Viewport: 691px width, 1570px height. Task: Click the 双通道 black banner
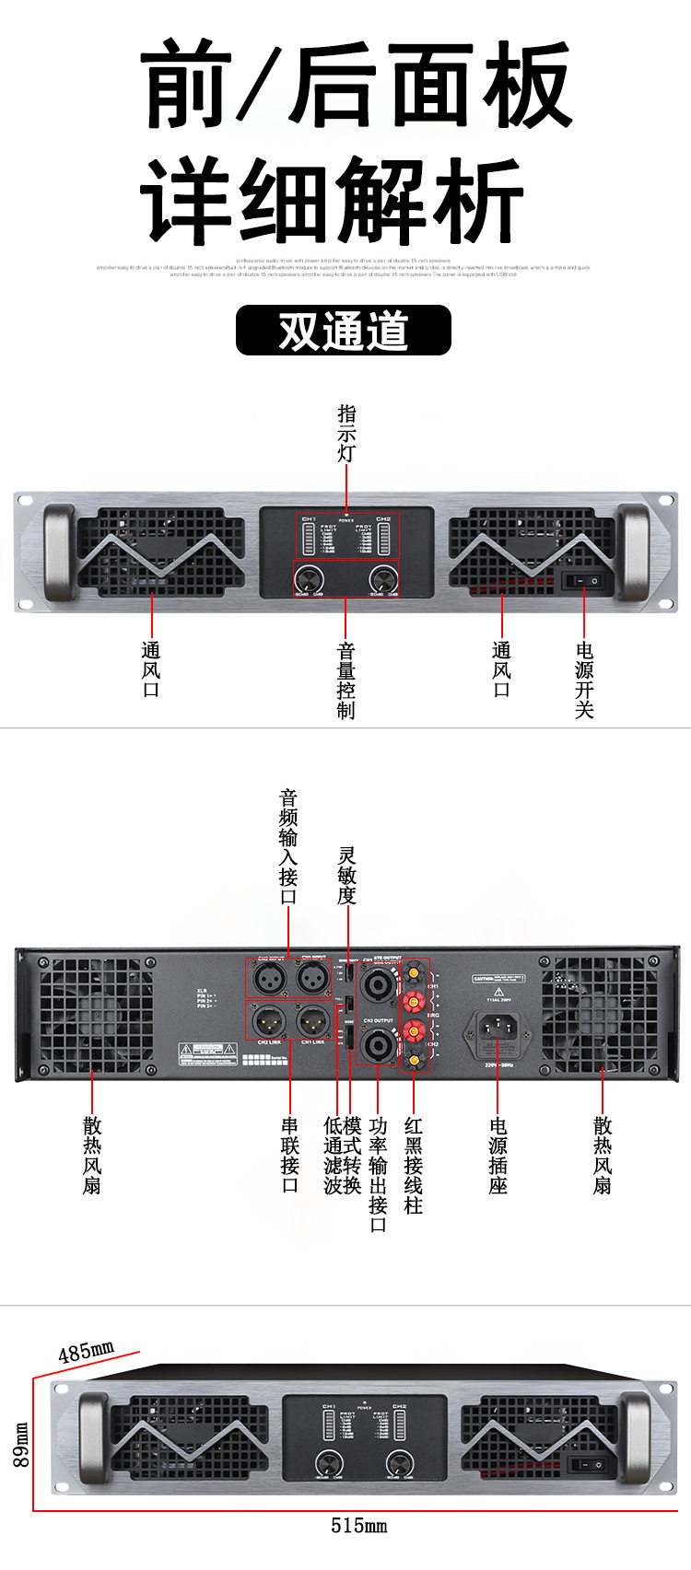344,331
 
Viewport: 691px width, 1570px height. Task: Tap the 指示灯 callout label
346,433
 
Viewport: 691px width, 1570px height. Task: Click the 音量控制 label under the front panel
345,680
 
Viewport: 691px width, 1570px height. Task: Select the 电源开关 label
584,680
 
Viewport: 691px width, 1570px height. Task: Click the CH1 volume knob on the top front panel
308,579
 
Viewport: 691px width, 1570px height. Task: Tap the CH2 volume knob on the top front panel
382,579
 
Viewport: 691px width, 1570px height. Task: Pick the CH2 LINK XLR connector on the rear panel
269,1019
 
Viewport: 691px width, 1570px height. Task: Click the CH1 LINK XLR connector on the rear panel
312,1019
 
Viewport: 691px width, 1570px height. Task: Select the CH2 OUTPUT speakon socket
378,1044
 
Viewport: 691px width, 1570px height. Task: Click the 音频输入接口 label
288,847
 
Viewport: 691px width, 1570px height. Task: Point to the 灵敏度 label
346,875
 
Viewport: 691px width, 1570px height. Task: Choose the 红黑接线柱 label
414,1165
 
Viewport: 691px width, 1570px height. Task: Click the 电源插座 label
498,1156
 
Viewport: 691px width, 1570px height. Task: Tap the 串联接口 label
290,1156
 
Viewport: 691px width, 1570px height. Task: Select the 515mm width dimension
358,1526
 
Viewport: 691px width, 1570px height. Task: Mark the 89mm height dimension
21,1444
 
